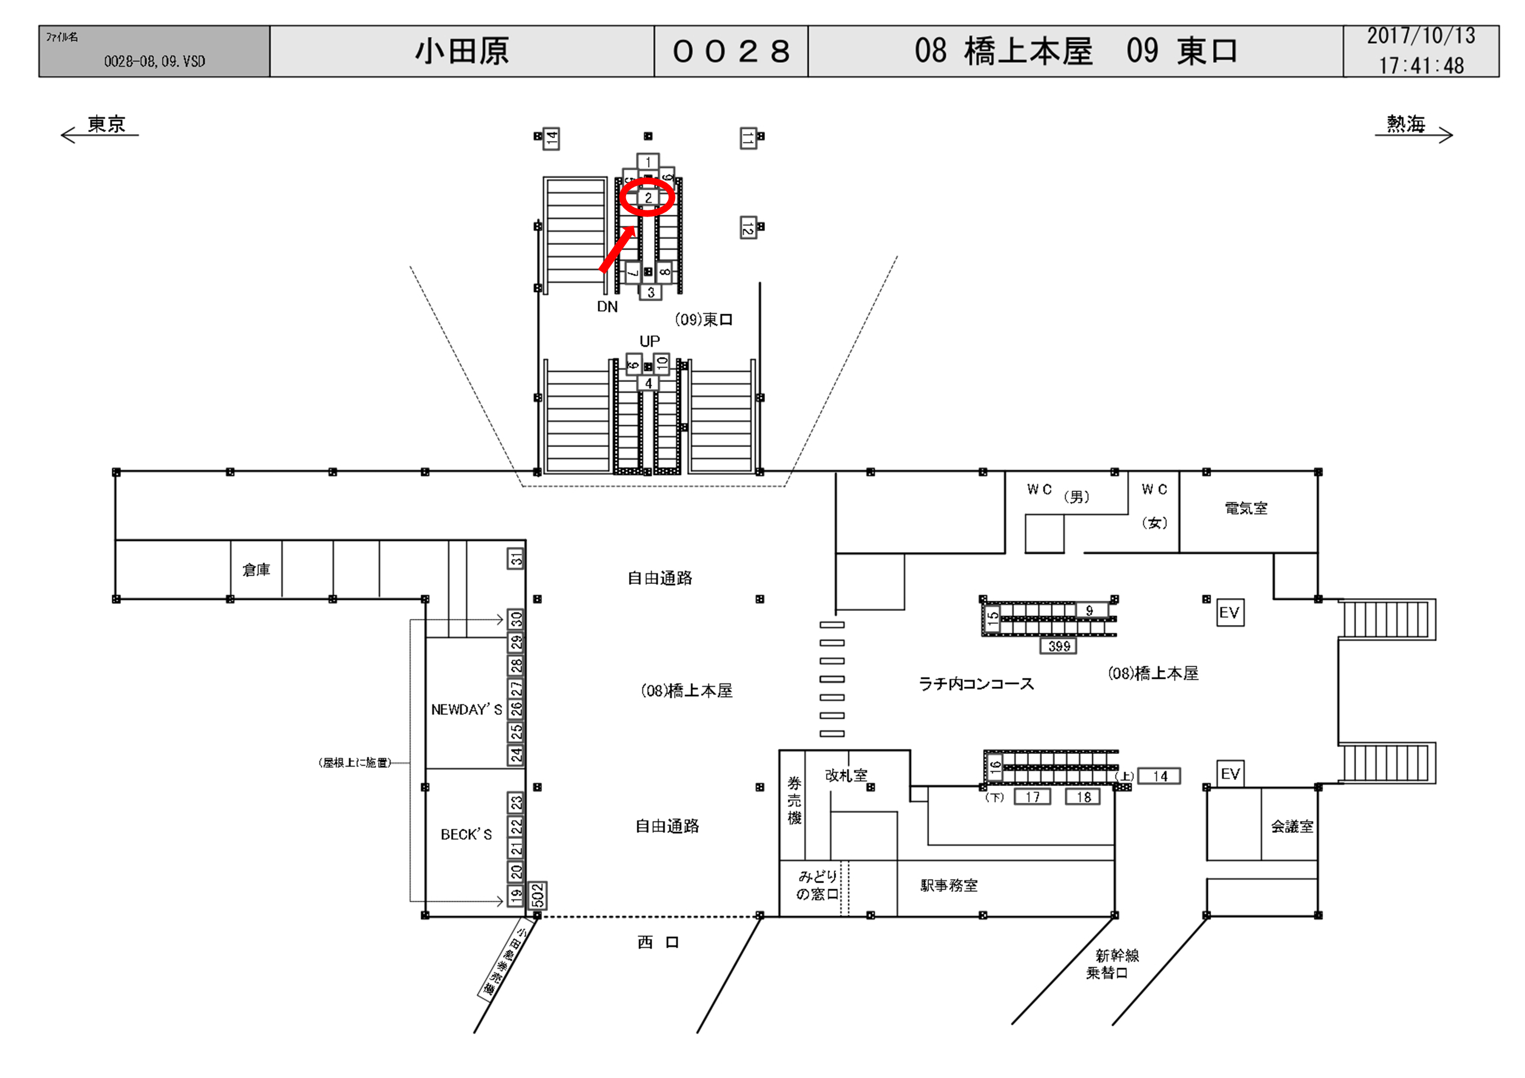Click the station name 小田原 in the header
(462, 51)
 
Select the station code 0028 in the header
(731, 51)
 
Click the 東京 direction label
(106, 124)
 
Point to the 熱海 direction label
(1406, 124)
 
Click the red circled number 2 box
(648, 197)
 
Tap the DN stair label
(607, 306)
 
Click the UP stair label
(649, 341)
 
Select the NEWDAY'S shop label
(466, 709)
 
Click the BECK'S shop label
(466, 834)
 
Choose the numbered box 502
(537, 895)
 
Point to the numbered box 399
(1059, 646)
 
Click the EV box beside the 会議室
(1230, 774)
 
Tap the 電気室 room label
(1246, 508)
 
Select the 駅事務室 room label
(948, 885)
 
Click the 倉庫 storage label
(256, 570)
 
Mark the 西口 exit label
(658, 943)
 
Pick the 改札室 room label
(846, 775)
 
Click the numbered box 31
(516, 559)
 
